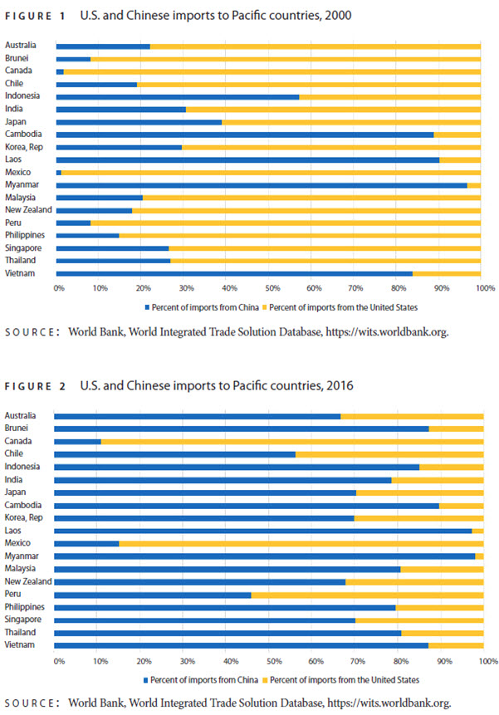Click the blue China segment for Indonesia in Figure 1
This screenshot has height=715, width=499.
pos(178,97)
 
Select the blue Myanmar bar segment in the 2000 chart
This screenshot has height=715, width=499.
pos(262,185)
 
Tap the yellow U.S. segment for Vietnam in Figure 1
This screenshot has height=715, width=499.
pos(447,273)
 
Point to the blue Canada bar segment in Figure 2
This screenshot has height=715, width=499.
pos(77,442)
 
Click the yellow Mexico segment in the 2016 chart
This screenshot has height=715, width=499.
pos(301,544)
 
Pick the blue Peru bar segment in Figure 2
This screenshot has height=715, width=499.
pos(153,595)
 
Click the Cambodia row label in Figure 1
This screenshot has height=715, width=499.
pos(23,134)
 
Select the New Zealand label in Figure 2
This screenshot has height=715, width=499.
pos(28,581)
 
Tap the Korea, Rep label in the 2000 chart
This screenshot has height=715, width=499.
pos(24,147)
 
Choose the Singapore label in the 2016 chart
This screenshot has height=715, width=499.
pos(22,620)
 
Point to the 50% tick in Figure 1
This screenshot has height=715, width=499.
pos(272,288)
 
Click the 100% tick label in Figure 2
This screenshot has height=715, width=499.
pos(488,661)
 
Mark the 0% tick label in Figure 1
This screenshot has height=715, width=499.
pos(59,288)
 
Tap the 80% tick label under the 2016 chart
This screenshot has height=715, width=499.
pos(401,661)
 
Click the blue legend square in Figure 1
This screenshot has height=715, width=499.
pos(147,308)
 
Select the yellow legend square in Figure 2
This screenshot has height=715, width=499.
pos(265,680)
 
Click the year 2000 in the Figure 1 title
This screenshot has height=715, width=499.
pos(338,16)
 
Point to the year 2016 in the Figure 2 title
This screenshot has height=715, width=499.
pos(340,386)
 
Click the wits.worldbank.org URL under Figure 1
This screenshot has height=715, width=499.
pos(387,332)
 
